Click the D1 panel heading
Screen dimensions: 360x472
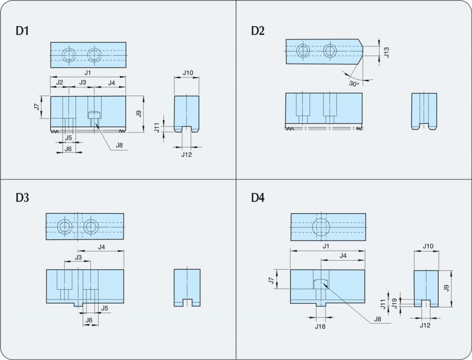23,31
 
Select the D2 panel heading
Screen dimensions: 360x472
258,31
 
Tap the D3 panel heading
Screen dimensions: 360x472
23,198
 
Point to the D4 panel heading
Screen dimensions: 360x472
258,198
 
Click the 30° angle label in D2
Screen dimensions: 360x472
354,84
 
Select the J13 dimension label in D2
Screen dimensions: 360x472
386,52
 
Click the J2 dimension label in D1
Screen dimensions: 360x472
59,82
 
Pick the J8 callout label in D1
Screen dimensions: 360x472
119,145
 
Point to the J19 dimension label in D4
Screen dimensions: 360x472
394,303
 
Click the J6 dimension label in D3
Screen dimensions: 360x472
89,320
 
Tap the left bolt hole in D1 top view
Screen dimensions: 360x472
69,55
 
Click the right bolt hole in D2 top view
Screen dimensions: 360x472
329,50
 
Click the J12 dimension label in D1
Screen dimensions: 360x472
187,155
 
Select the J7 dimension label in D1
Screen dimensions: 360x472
36,107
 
